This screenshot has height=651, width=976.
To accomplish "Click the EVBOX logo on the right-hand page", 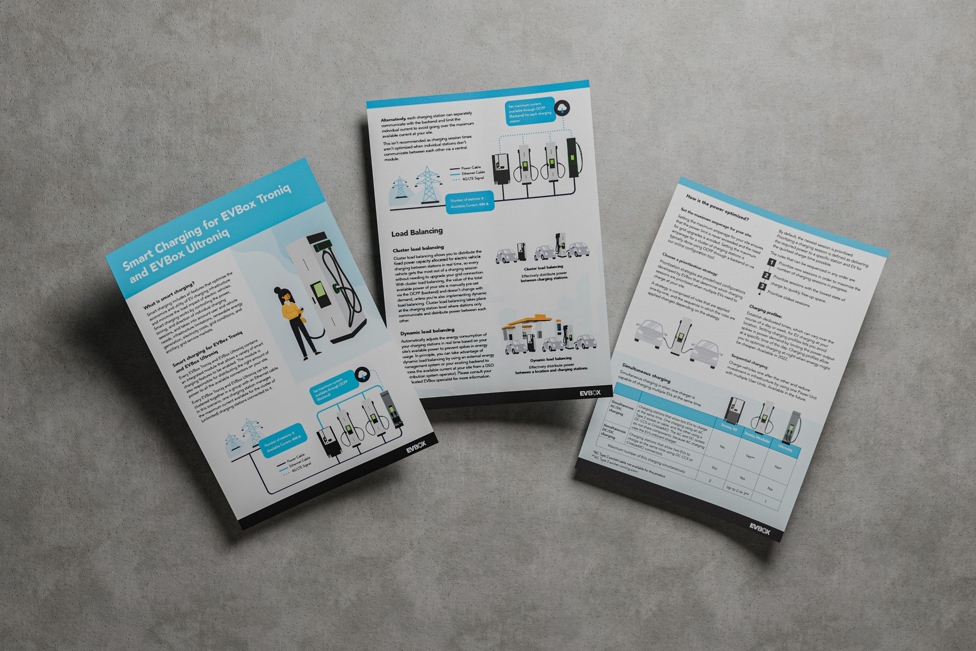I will click(760, 529).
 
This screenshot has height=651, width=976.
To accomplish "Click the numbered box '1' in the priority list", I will click(772, 263).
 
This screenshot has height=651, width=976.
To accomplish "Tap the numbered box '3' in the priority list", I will click(762, 286).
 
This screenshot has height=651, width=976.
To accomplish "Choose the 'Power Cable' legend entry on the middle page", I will click(470, 168).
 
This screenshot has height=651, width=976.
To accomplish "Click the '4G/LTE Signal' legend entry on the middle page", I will click(473, 179).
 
